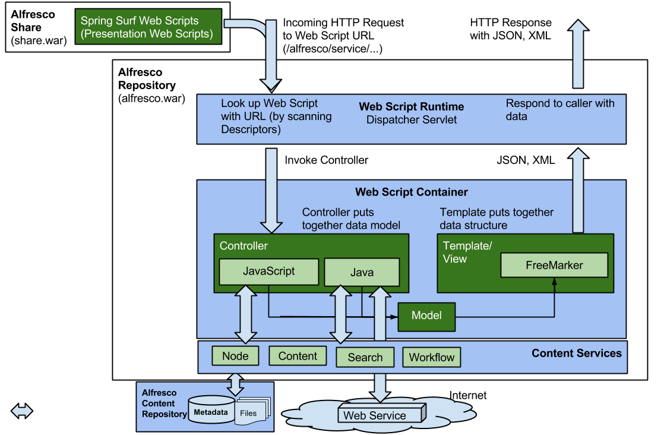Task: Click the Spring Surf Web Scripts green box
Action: click(x=148, y=27)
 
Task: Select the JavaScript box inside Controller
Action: click(x=268, y=272)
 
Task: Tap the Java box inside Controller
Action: click(x=361, y=272)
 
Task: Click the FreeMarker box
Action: click(x=554, y=265)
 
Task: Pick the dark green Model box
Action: click(x=426, y=316)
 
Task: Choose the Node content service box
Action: click(x=235, y=356)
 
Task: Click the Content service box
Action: click(x=298, y=356)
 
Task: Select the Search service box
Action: click(x=365, y=357)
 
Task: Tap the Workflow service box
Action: click(x=432, y=358)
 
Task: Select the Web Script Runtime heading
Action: click(x=411, y=107)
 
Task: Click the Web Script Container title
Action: click(x=411, y=192)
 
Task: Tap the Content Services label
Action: click(x=576, y=353)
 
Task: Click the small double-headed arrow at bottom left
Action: click(x=22, y=411)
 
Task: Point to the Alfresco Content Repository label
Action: click(x=162, y=403)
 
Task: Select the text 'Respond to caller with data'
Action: click(x=559, y=109)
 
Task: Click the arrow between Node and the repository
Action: click(x=236, y=384)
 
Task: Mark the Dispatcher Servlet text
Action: click(x=411, y=119)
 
